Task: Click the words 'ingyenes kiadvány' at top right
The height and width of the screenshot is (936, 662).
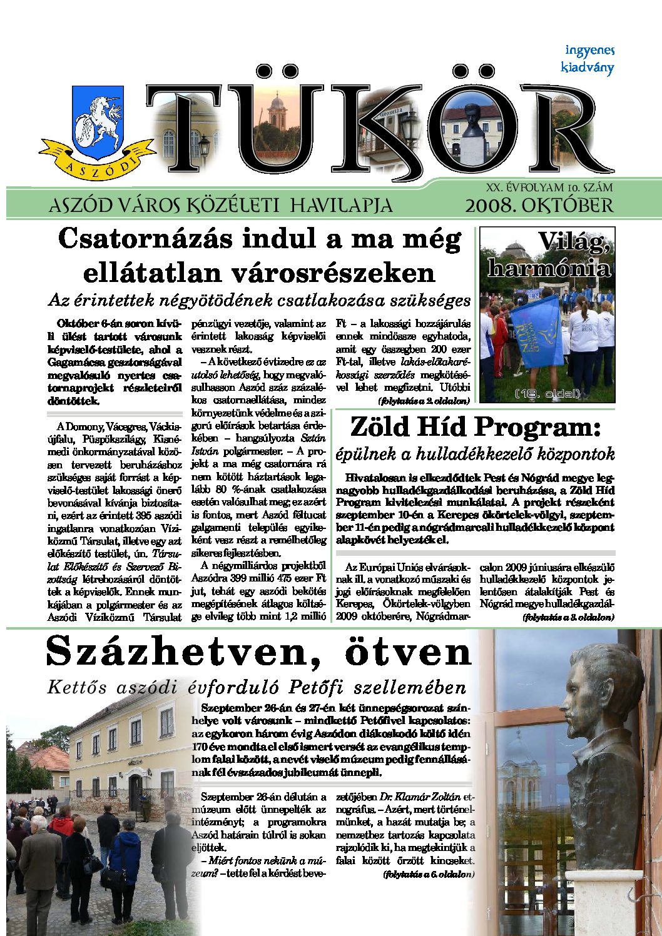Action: pyautogui.click(x=588, y=59)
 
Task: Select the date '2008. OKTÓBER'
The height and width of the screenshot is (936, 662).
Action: pyautogui.click(x=539, y=206)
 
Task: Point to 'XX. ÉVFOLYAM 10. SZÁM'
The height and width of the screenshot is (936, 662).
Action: pyautogui.click(x=549, y=187)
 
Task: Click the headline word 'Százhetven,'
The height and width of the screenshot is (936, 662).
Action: pyautogui.click(x=185, y=652)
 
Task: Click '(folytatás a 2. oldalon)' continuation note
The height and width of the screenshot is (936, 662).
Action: pyautogui.click(x=425, y=399)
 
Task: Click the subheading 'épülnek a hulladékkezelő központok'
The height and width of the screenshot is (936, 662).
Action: pyautogui.click(x=475, y=454)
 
